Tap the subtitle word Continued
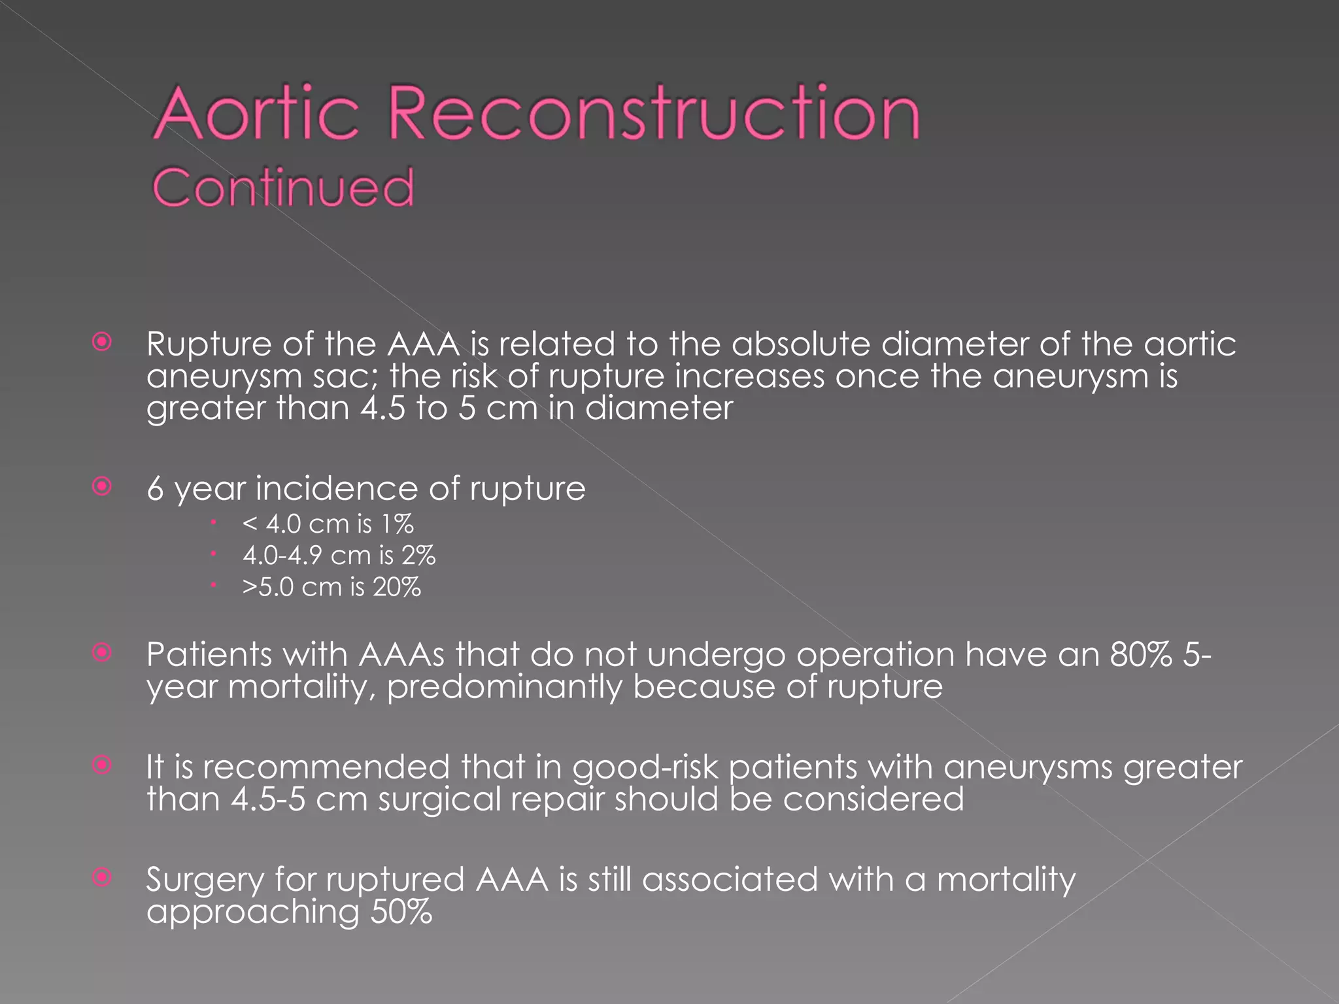(x=283, y=188)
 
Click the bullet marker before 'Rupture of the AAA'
(x=102, y=342)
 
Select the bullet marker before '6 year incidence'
(x=102, y=486)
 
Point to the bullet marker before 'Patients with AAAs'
(x=102, y=652)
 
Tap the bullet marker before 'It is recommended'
(x=102, y=765)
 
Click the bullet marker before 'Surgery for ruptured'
(x=102, y=877)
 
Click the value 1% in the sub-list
(x=398, y=524)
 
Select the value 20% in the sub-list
(x=397, y=587)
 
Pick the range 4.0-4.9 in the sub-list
(x=282, y=556)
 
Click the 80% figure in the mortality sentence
(x=1141, y=654)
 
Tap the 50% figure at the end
(x=401, y=912)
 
